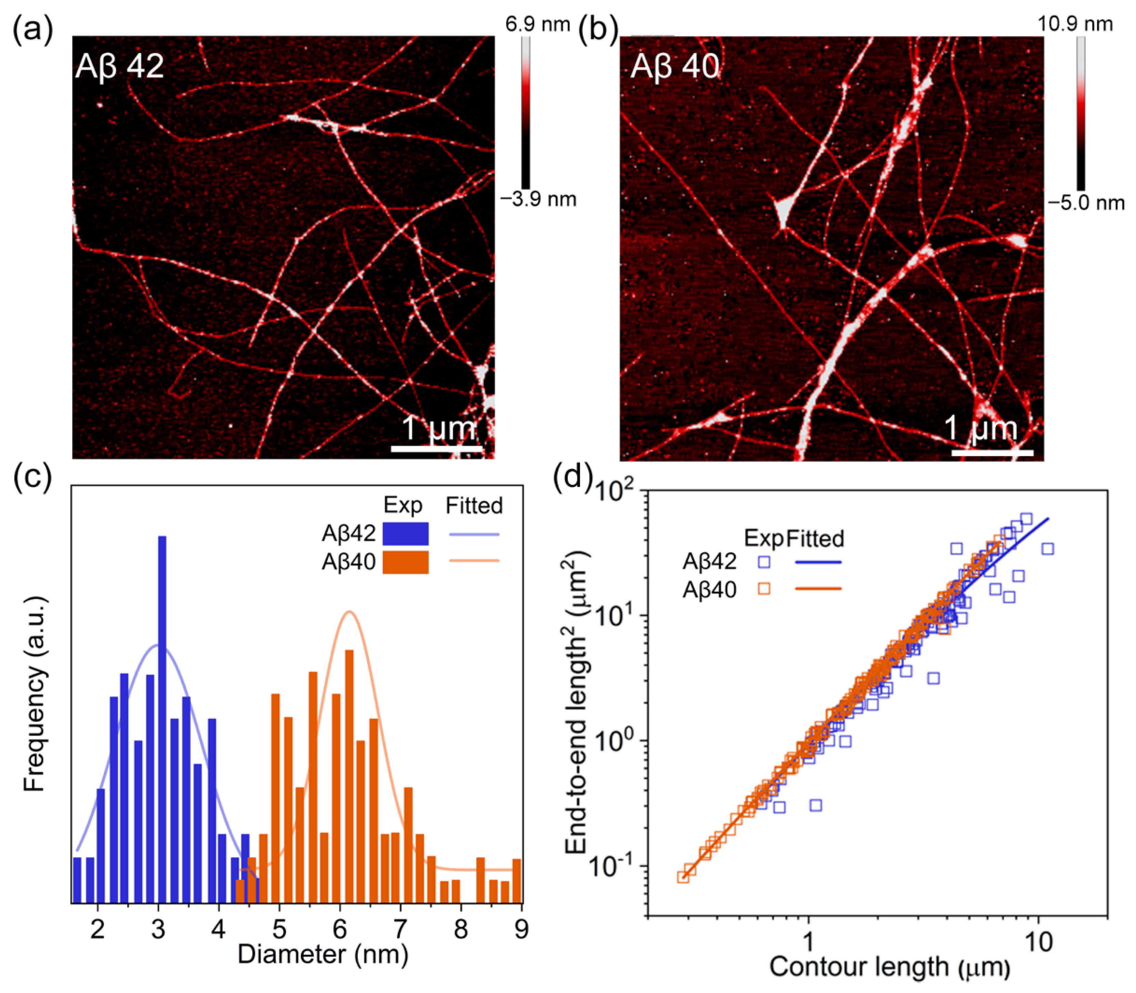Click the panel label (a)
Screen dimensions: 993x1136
pos(32,29)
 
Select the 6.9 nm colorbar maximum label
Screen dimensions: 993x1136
pos(537,24)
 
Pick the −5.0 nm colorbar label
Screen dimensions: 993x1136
pos(1086,203)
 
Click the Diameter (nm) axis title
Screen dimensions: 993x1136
pos(323,955)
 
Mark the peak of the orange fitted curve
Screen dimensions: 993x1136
pos(349,612)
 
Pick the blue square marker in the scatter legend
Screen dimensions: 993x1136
pos(764,562)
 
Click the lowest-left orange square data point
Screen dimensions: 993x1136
pos(684,877)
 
